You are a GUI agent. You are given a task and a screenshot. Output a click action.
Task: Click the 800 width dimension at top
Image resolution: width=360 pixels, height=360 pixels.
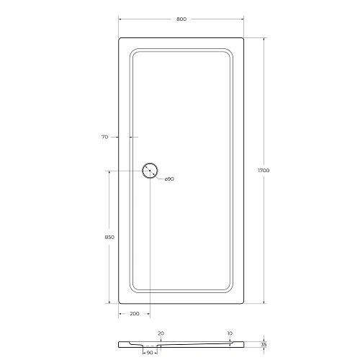(x=181, y=19)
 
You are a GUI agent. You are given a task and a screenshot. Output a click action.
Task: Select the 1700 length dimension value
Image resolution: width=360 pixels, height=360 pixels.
(x=264, y=171)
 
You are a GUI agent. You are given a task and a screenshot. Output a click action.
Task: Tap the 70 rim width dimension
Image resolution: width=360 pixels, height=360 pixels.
(x=105, y=136)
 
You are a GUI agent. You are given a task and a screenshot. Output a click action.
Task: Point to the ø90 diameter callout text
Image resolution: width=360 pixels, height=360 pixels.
(x=168, y=179)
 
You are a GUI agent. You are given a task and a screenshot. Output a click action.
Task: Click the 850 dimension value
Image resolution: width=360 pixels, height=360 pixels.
(x=109, y=237)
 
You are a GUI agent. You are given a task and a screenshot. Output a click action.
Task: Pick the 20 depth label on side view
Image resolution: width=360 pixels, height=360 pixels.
(x=161, y=333)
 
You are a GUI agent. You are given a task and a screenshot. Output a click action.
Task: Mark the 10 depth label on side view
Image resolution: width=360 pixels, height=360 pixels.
(x=229, y=333)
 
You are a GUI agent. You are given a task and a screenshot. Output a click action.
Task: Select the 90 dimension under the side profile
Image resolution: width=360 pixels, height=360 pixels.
(x=150, y=353)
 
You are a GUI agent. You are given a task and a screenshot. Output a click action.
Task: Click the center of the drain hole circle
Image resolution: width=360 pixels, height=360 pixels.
(x=150, y=171)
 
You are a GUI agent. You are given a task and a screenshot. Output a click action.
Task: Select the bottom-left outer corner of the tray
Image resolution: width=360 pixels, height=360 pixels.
(x=119, y=303)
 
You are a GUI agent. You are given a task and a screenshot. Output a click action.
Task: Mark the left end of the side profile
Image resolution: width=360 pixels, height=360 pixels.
(x=119, y=343)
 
